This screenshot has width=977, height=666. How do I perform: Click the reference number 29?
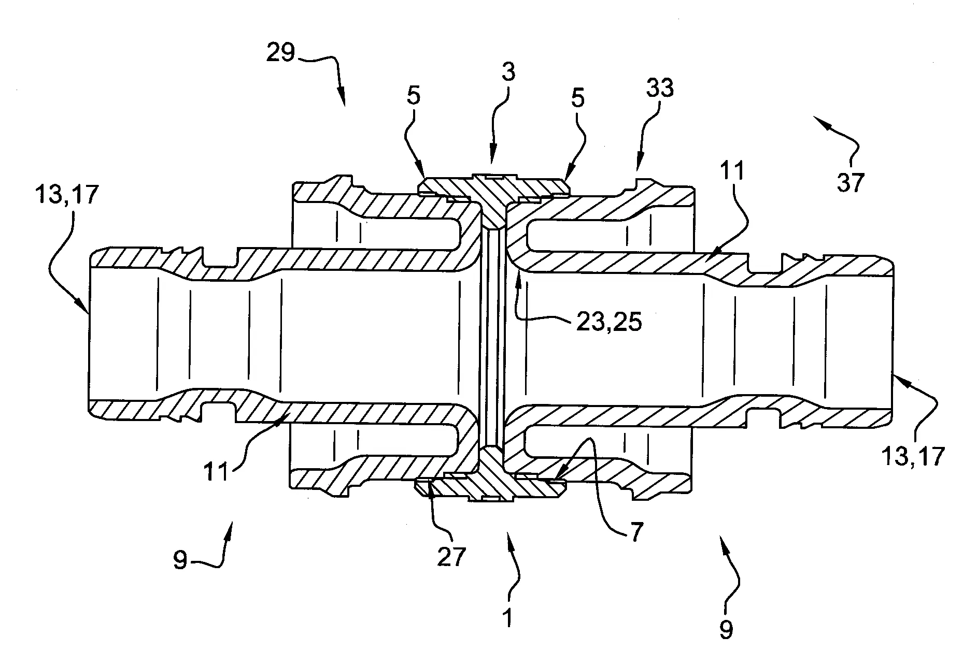280,53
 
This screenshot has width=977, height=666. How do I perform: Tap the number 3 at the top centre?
508,73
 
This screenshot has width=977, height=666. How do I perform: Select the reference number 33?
660,89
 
